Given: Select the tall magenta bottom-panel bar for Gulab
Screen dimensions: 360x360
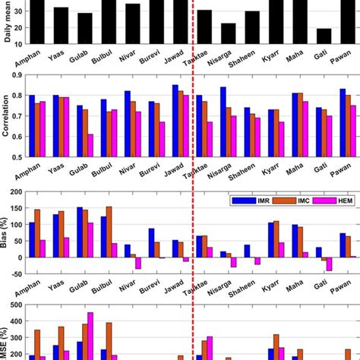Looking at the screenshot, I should click(x=90, y=335).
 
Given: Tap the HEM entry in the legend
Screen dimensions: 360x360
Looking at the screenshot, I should click(x=334, y=201).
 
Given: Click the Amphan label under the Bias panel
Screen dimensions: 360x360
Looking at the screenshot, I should click(x=24, y=291).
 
